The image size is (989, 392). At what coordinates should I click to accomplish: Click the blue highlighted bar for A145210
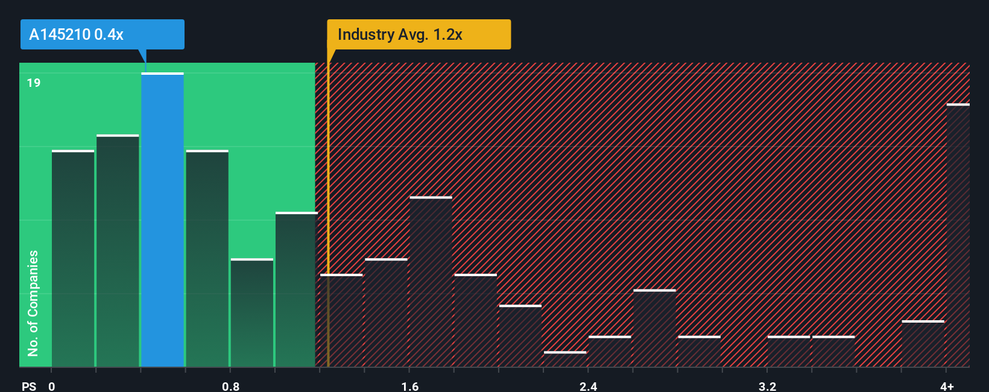[x=162, y=220]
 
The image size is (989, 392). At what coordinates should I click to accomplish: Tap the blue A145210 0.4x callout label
[x=102, y=34]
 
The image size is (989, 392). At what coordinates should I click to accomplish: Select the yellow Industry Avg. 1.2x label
[x=419, y=34]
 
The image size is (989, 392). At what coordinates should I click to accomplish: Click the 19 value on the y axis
[x=34, y=83]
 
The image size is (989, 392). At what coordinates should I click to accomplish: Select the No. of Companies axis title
[x=33, y=303]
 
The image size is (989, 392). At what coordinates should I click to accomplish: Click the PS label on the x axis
[x=29, y=386]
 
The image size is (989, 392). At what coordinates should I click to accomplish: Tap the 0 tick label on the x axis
[x=52, y=386]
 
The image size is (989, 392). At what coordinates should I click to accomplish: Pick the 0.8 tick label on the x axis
[x=230, y=386]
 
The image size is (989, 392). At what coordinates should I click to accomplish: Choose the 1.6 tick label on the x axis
[x=410, y=386]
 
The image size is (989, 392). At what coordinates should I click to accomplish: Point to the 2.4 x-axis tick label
[x=589, y=386]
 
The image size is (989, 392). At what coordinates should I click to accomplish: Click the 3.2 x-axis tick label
[x=767, y=386]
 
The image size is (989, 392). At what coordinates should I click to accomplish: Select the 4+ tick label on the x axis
[x=947, y=386]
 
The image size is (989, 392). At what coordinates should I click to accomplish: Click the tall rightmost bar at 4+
[x=958, y=235]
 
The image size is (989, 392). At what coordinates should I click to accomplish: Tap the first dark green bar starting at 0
[x=73, y=259]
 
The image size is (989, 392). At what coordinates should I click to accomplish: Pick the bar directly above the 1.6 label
[x=431, y=282]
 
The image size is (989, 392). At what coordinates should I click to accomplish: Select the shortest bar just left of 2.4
[x=565, y=359]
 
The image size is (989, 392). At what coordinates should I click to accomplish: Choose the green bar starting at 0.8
[x=251, y=312]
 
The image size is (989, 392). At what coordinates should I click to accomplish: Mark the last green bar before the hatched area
[x=296, y=289]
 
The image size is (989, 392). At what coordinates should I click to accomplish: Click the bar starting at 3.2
[x=788, y=352]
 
